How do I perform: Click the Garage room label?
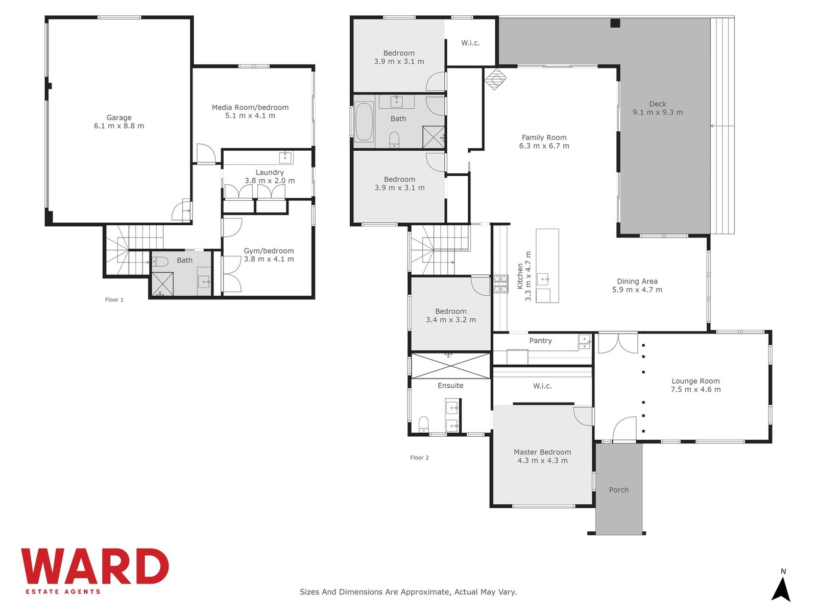119,117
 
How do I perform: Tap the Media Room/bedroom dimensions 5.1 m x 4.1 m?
250,116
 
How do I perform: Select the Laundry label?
270,172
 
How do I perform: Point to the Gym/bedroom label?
269,251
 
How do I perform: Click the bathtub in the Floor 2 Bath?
364,122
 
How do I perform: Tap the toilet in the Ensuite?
424,424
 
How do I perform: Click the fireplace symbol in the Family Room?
495,79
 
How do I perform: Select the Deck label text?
658,104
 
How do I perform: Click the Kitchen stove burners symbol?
501,284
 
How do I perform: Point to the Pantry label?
540,341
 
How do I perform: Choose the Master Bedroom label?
542,452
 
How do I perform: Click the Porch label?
618,490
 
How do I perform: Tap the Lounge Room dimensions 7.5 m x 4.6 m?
695,390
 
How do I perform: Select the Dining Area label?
637,281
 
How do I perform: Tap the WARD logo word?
95,566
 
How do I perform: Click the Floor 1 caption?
114,300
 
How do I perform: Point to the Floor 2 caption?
420,458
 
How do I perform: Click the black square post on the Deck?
615,23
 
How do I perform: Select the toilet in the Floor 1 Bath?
160,262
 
